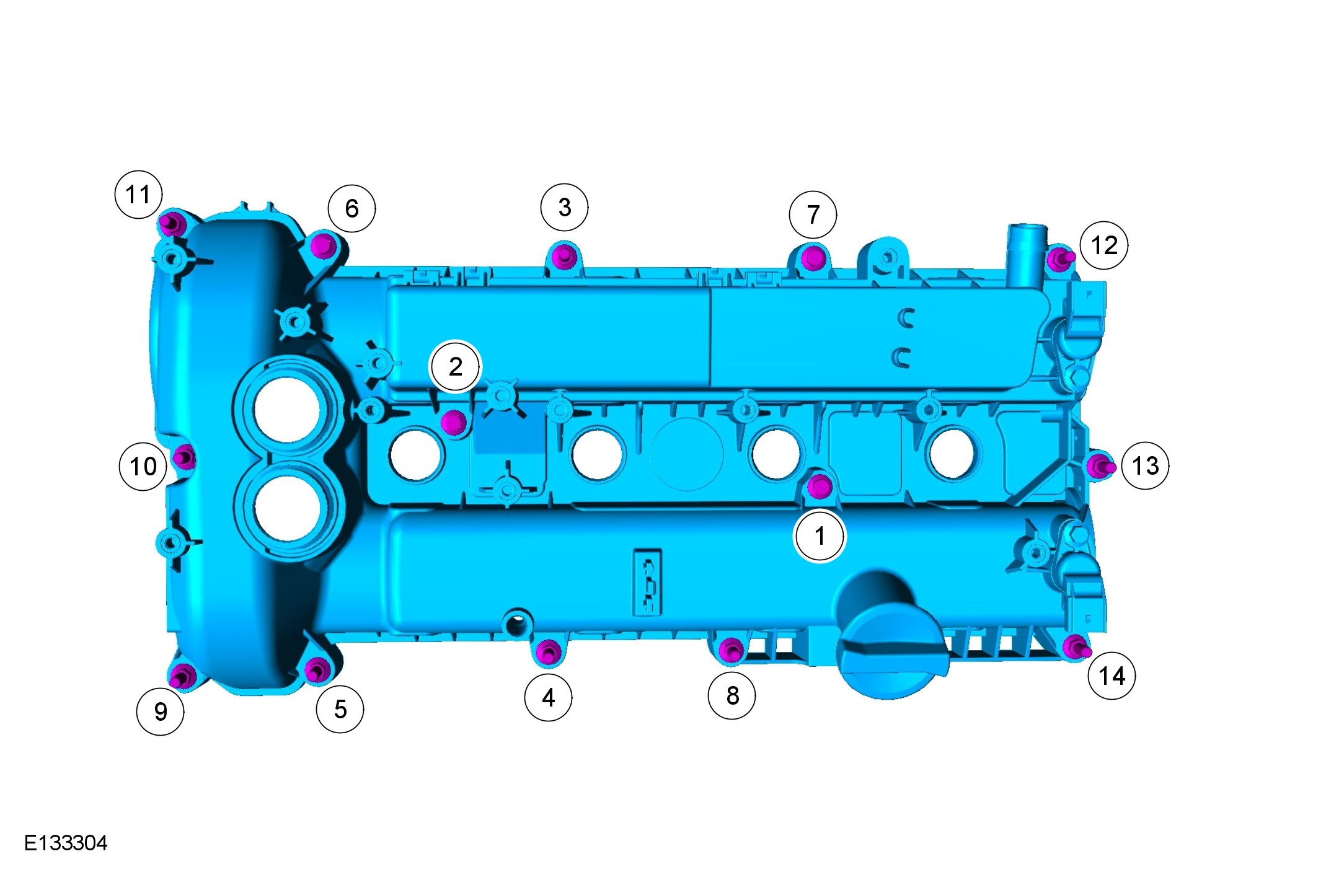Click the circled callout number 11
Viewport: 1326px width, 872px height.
coord(139,194)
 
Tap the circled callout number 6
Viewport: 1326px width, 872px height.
coord(351,208)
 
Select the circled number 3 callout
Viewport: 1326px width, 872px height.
coord(564,207)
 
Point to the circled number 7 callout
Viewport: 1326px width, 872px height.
coord(813,214)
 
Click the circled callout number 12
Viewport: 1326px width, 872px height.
coord(1104,245)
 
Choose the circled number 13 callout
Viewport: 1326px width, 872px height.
coord(1145,465)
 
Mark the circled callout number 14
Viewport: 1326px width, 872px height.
coord(1112,676)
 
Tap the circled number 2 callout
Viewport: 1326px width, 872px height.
coord(455,366)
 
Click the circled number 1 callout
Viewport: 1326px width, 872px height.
coord(820,536)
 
